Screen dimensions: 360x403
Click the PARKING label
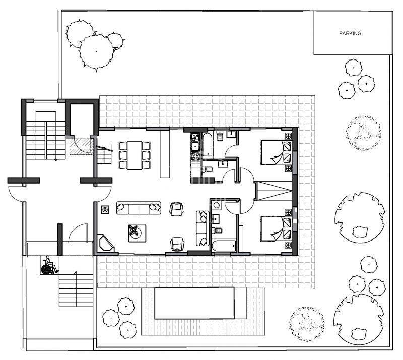[350, 33]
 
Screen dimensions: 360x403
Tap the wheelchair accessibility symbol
[48, 265]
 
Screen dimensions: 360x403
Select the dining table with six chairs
[135, 155]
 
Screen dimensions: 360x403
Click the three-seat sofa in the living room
[139, 207]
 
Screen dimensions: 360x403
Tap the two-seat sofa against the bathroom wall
[201, 227]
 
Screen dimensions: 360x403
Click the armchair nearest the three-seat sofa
[176, 208]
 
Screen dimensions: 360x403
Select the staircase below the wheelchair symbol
[76, 290]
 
